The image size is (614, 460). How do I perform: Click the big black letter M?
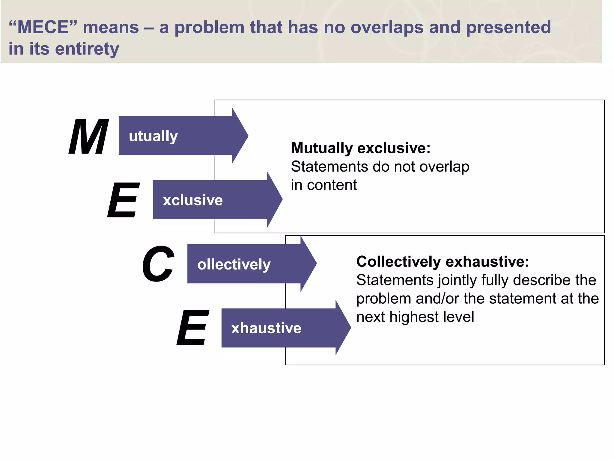89,136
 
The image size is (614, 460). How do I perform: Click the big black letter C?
158,264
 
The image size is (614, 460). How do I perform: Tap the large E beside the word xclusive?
124,200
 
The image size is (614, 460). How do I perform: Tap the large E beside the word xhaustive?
193,328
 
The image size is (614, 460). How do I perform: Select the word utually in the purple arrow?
153,136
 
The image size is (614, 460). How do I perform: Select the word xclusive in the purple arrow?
193,200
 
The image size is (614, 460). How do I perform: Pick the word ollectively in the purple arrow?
234,264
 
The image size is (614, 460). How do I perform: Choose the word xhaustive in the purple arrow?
266,328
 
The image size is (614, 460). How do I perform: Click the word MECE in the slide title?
43,27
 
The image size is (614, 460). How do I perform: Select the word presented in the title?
508,27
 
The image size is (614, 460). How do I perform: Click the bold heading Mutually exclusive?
361,148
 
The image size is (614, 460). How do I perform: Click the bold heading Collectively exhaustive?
443,261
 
